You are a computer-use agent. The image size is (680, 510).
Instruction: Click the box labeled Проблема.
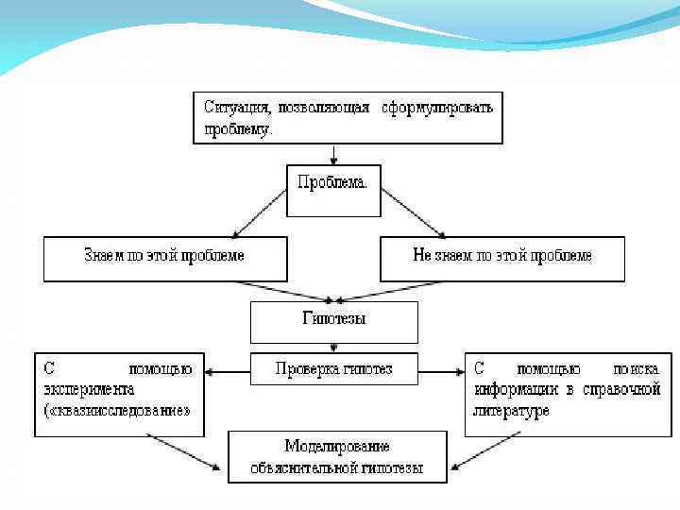[333, 183]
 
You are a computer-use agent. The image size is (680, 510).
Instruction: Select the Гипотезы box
[333, 319]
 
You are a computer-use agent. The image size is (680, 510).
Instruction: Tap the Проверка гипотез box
[333, 368]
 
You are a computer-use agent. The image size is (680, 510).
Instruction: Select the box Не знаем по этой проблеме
[502, 256]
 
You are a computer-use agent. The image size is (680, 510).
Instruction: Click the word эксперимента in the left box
[87, 389]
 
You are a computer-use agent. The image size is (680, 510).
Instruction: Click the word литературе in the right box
[511, 412]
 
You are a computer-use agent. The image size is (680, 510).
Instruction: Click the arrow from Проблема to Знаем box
[259, 212]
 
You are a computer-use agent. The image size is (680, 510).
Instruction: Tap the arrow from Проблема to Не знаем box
[413, 212]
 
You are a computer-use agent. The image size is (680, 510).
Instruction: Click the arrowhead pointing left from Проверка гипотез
[212, 370]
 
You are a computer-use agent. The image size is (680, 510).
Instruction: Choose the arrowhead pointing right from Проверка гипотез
[457, 370]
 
